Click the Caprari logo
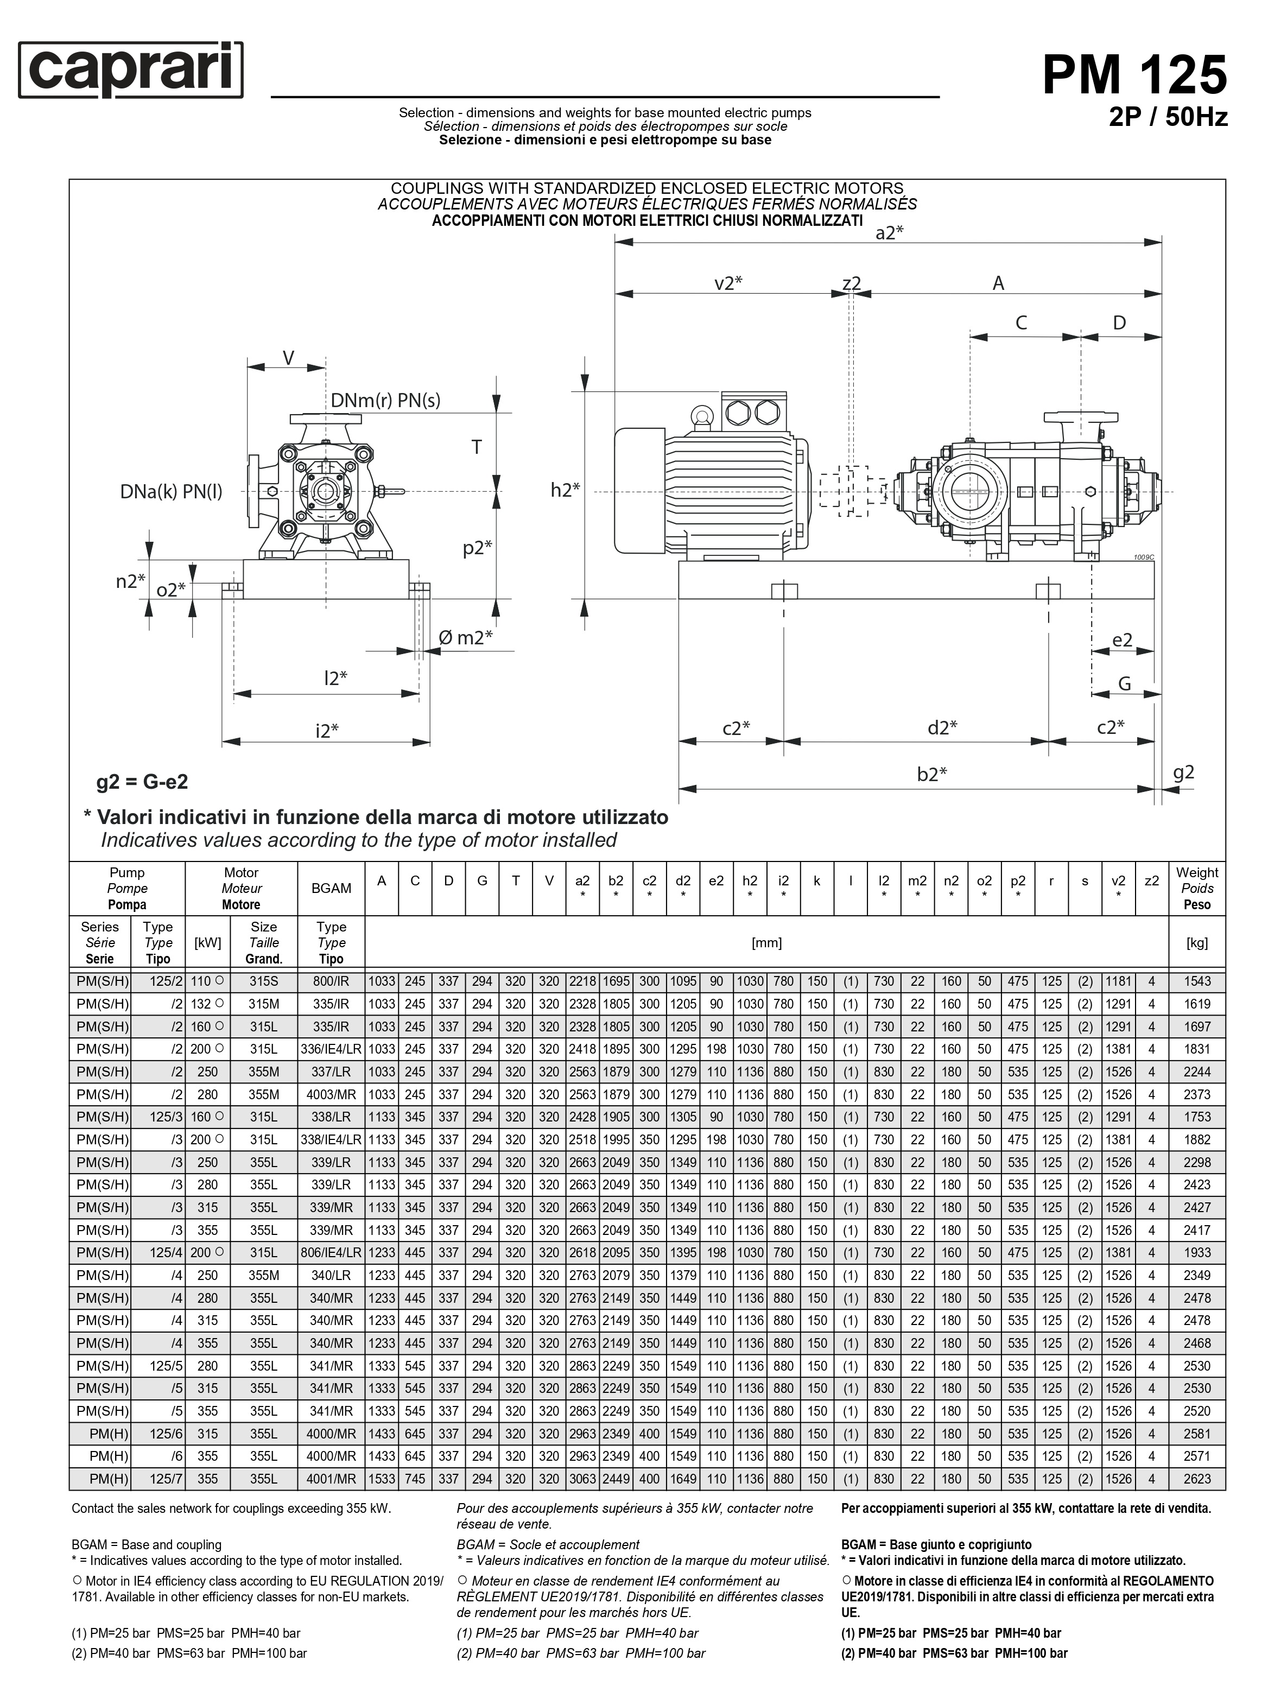130,71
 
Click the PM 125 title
1134,75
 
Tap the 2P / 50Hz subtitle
1168,117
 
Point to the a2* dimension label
889,233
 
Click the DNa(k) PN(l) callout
171,491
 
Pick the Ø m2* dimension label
465,637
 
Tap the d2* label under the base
942,727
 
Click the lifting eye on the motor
701,416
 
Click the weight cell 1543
1196,981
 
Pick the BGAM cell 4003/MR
331,1094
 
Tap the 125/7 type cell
166,1479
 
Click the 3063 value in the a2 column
582,1479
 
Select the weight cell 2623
1196,1479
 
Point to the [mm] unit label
766,943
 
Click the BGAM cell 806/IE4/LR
331,1253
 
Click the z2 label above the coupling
851,283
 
